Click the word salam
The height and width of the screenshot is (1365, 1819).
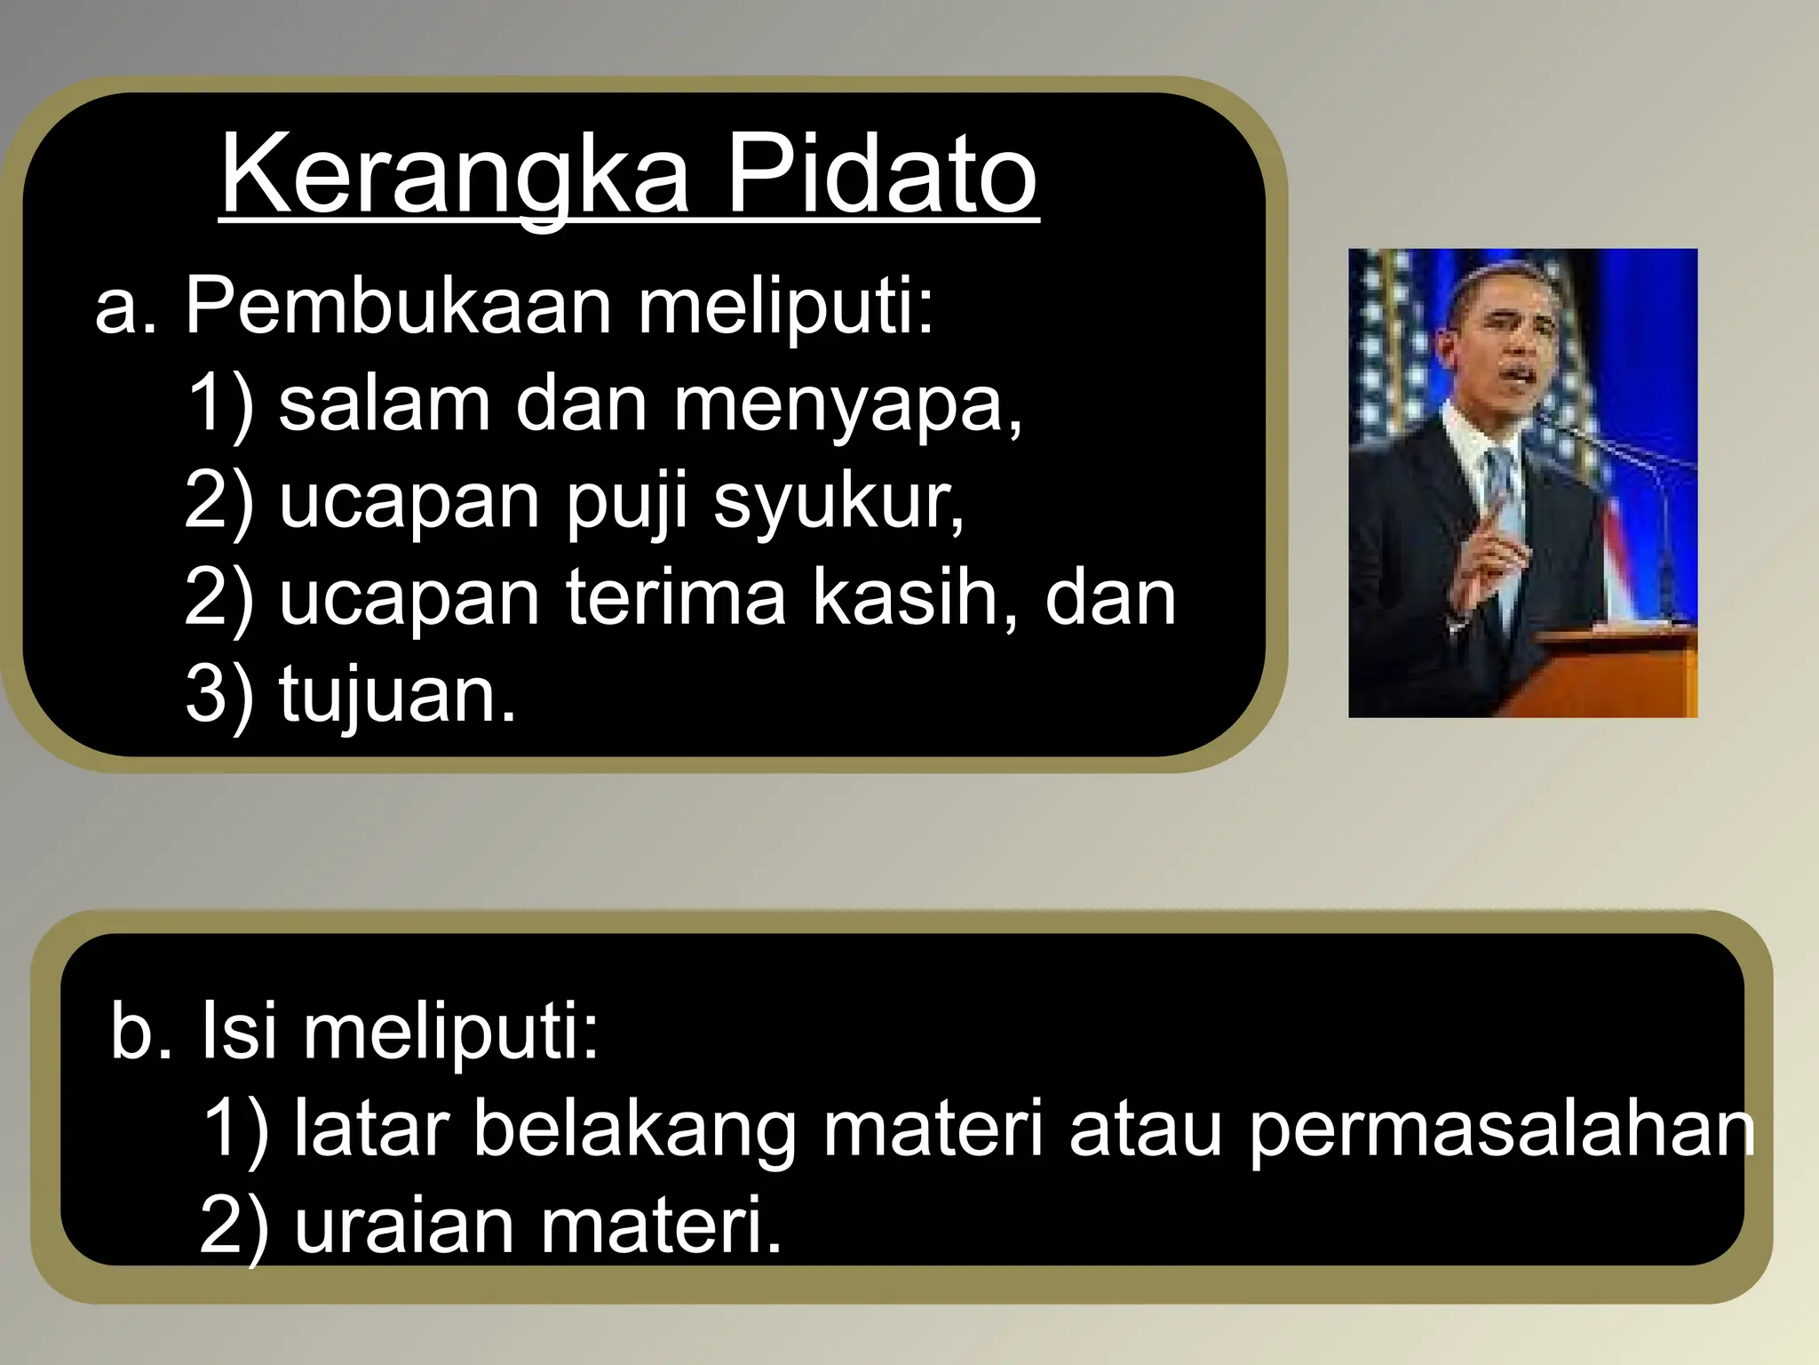pos(384,404)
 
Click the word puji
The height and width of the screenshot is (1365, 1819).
pos(627,503)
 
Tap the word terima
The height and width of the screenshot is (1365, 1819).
pos(675,597)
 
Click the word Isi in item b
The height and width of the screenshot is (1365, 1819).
pos(238,1031)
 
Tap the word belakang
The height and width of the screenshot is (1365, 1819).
pos(634,1129)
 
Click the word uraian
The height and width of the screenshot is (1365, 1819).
pos(404,1226)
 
